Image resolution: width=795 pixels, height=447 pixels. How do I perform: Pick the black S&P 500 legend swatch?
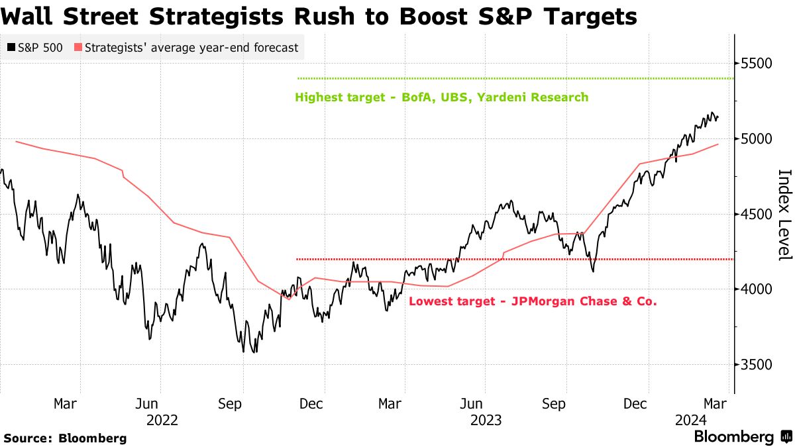(11, 48)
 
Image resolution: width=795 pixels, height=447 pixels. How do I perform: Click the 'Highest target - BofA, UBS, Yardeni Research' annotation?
(442, 97)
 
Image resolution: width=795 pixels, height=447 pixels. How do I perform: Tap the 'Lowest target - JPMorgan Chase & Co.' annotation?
(533, 302)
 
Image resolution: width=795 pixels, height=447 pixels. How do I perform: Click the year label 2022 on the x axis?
(162, 420)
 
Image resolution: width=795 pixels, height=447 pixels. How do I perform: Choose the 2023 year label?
(486, 420)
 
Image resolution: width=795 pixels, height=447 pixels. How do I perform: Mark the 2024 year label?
(691, 420)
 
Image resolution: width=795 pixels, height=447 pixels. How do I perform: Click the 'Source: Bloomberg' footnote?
(65, 438)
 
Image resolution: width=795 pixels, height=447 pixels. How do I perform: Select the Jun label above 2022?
(146, 403)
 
